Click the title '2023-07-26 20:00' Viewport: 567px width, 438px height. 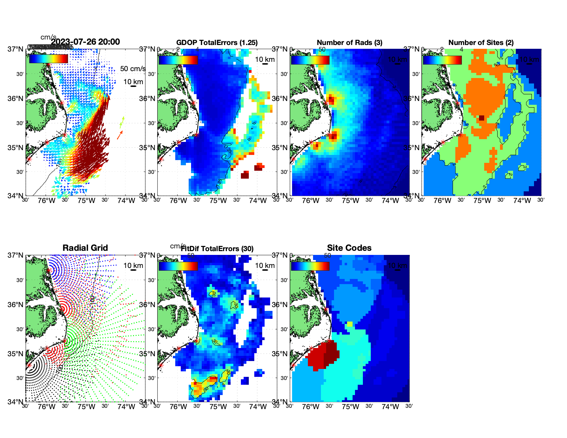pyautogui.click(x=86, y=42)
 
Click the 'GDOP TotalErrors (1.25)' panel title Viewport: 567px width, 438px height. pyautogui.click(x=217, y=43)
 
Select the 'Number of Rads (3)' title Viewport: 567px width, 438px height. pyautogui.click(x=349, y=43)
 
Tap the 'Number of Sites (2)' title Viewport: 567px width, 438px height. pyautogui.click(x=481, y=43)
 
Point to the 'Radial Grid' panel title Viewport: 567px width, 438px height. pyautogui.click(x=85, y=248)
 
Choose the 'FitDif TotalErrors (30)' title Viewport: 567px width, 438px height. pyautogui.click(x=217, y=249)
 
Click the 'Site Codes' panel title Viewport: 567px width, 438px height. pyautogui.click(x=349, y=248)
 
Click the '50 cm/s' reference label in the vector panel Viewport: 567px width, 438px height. pyautogui.click(x=133, y=69)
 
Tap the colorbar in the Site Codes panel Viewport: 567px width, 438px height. pyautogui.click(x=310, y=266)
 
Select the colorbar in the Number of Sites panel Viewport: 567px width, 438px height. pyautogui.click(x=442, y=60)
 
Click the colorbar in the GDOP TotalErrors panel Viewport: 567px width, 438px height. pyautogui.click(x=178, y=60)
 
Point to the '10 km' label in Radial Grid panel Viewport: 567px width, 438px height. pyautogui.click(x=133, y=266)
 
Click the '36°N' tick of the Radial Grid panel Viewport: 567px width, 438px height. pyautogui.click(x=15, y=305)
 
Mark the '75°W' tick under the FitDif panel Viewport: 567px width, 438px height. pyautogui.click(x=218, y=407)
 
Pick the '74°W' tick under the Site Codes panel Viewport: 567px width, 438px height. pyautogui.click(x=390, y=407)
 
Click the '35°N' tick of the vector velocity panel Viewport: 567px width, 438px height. pyautogui.click(x=15, y=148)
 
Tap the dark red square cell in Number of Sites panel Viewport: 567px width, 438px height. pyautogui.click(x=481, y=118)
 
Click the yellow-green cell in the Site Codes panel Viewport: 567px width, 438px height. pyautogui.click(x=349, y=324)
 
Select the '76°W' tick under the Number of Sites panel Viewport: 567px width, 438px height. pyautogui.click(x=442, y=201)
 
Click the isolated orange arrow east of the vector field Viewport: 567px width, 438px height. pyautogui.click(x=120, y=135)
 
